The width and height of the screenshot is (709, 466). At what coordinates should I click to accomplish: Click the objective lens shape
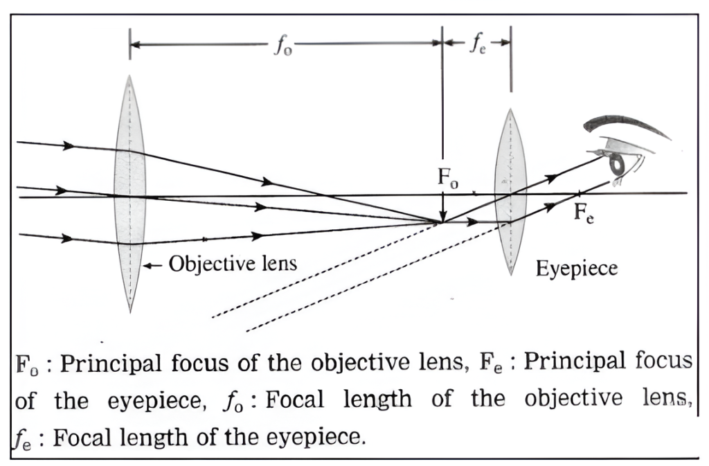(129, 194)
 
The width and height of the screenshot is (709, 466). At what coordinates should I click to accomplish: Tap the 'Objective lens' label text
(233, 264)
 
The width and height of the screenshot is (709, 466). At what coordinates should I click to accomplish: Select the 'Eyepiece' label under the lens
(576, 269)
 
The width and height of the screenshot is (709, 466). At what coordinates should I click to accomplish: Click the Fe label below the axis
(584, 213)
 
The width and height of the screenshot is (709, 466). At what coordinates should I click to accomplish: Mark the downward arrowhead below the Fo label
(442, 216)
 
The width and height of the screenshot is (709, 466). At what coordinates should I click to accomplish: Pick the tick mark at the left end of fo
(129, 44)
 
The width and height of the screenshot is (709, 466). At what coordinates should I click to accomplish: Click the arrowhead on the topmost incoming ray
(68, 145)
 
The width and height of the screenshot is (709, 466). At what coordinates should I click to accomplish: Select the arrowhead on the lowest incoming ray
(67, 238)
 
